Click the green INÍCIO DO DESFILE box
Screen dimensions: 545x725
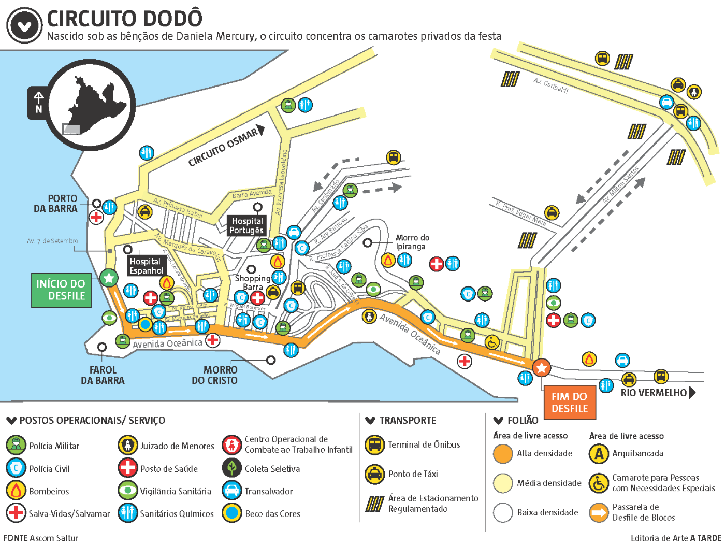61,290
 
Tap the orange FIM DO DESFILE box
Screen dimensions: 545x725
570,403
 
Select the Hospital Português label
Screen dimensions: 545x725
247,225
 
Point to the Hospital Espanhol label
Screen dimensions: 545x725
147,266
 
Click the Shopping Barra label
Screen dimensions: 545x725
253,282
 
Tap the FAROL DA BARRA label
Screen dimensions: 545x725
103,375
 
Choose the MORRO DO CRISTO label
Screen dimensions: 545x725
215,375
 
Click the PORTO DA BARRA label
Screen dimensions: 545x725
56,204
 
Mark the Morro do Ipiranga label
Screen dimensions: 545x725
412,242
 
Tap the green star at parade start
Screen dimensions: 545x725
109,278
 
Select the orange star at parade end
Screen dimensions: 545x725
542,368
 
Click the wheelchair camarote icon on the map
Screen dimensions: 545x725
492,342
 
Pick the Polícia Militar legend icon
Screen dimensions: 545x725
16,446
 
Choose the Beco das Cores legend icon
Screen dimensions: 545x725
232,513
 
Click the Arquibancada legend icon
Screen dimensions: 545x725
599,454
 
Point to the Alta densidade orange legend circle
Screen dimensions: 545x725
503,454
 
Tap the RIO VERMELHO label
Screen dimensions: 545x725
654,393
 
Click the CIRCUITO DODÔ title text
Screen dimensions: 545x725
124,19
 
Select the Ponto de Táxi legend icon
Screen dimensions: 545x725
374,474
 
